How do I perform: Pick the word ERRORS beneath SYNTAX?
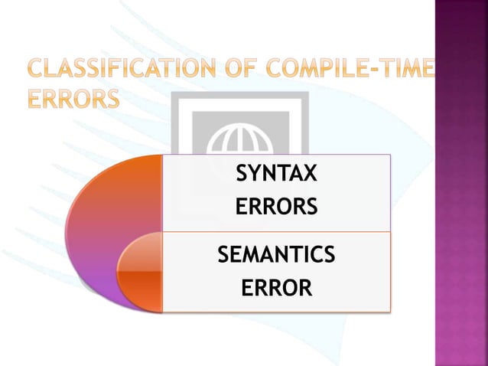[275, 208]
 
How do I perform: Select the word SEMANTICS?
[276, 254]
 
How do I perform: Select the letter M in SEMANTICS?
[257, 254]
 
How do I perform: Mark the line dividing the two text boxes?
[275, 231]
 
